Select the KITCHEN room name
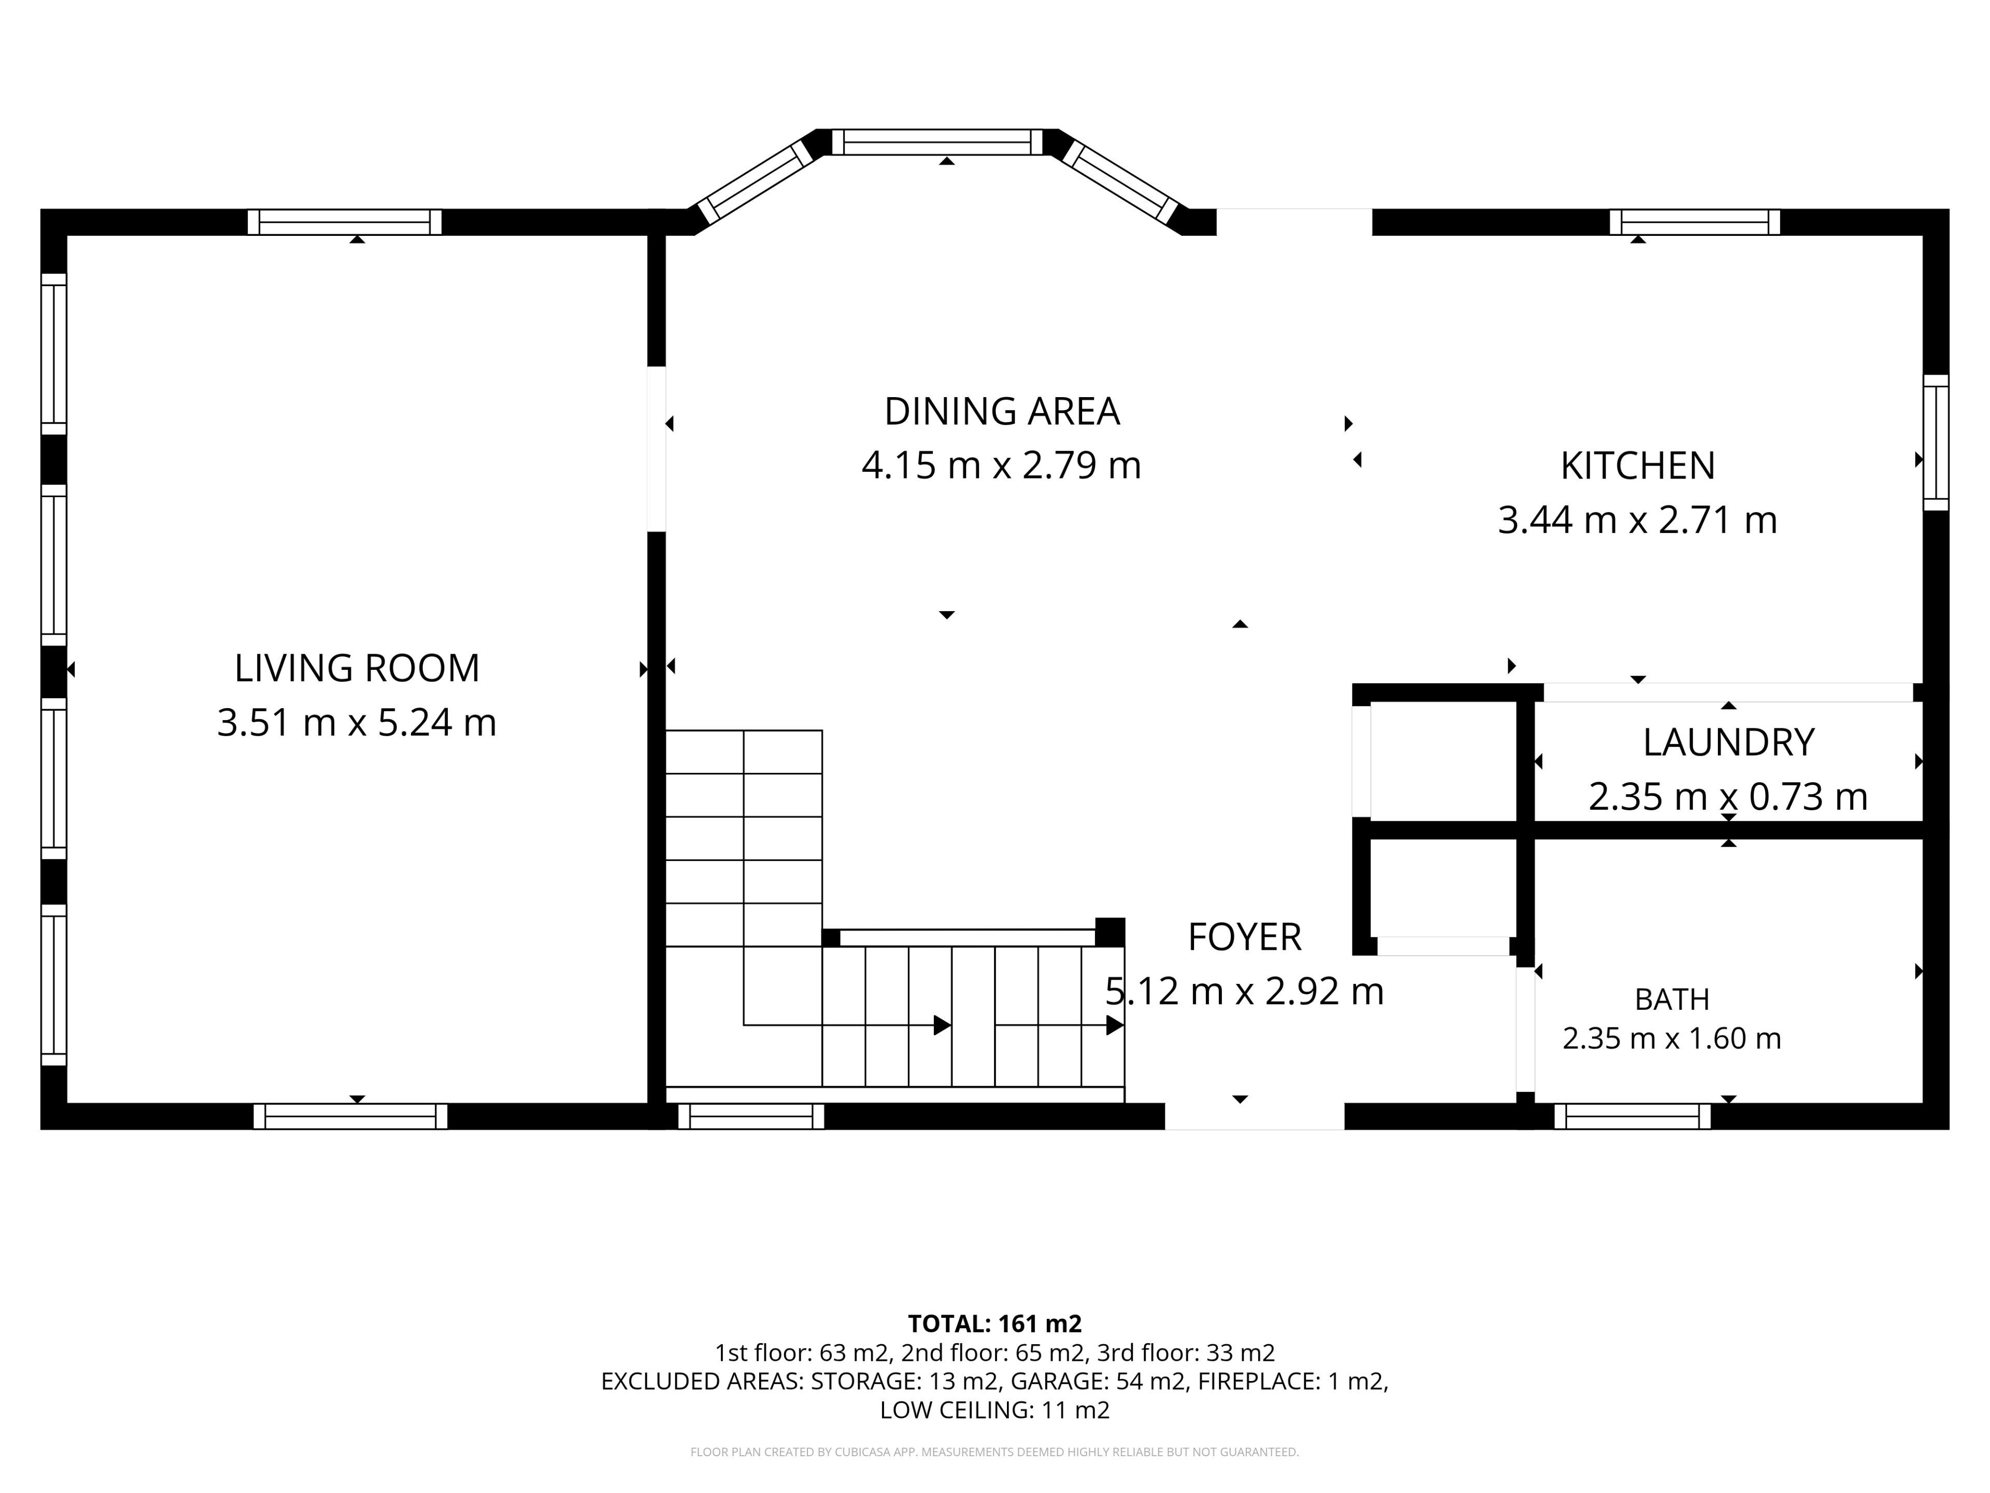(x=1637, y=466)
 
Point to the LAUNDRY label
(x=1728, y=742)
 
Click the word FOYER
(x=1244, y=937)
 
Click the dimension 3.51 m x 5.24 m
(x=357, y=723)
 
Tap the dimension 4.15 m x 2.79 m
(x=1001, y=466)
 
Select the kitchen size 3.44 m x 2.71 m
(x=1637, y=520)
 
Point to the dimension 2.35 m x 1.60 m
(x=1671, y=1038)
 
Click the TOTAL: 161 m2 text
(x=995, y=1324)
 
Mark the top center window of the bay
(x=936, y=142)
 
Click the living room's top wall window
(x=345, y=222)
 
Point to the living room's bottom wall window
(x=350, y=1116)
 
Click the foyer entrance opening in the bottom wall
(x=1255, y=1116)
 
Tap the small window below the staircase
(x=751, y=1116)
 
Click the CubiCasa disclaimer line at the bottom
(x=995, y=1452)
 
